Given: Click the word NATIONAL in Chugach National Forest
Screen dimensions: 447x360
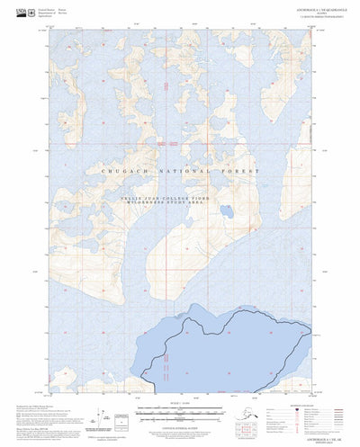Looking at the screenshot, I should coord(191,169).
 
